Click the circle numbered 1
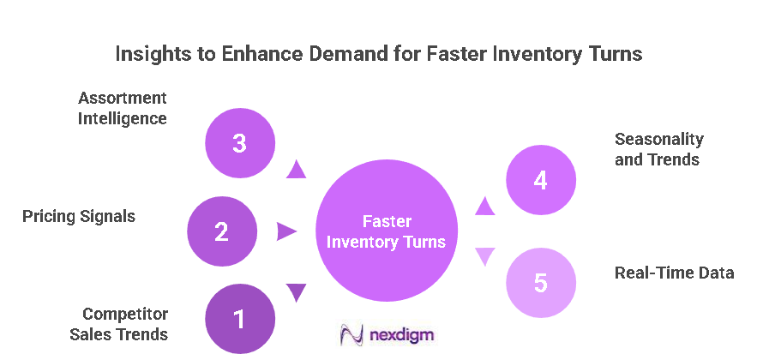pos(239,320)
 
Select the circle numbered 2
pos(222,231)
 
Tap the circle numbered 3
pos(239,143)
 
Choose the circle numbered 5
pos(540,283)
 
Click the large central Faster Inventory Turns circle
pos(387,231)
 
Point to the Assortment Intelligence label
pos(123,108)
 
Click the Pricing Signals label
pos(79,216)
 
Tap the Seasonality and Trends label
pos(658,149)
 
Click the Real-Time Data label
pos(674,273)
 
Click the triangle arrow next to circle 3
pos(297,169)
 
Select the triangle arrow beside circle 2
pos(286,231)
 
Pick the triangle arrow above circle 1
pos(297,292)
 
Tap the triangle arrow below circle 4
pos(485,206)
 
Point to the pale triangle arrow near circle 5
pos(485,256)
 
